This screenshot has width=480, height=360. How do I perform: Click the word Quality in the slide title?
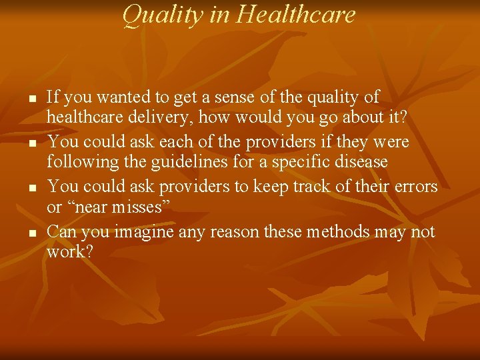coord(163,15)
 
